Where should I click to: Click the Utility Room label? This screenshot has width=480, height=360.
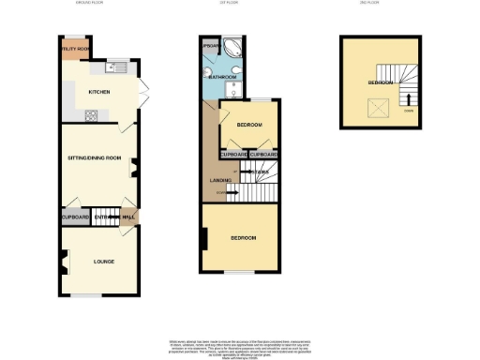pyautogui.click(x=75, y=48)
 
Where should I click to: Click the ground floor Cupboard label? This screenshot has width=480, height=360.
pyautogui.click(x=75, y=217)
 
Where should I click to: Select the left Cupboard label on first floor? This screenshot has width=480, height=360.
pyautogui.click(x=233, y=154)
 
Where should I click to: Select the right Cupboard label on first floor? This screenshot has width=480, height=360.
pyautogui.click(x=263, y=154)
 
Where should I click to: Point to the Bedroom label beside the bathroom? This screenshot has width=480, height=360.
pyautogui.click(x=248, y=126)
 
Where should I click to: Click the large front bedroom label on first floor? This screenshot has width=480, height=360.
pyautogui.click(x=245, y=238)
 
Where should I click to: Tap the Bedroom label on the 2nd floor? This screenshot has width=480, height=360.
pyautogui.click(x=381, y=82)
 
